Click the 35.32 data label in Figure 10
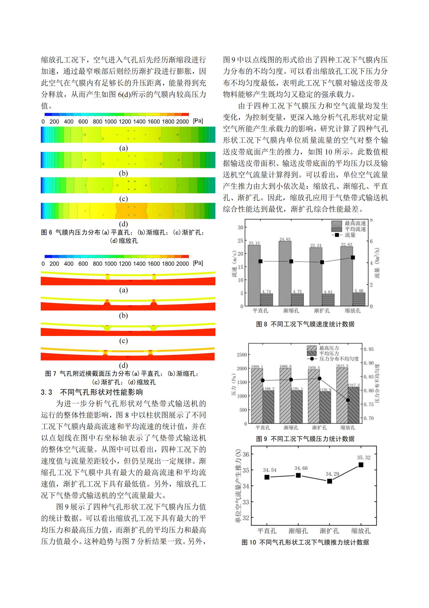[x=364, y=458]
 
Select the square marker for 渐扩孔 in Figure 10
[x=329, y=481]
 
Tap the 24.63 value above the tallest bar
[x=285, y=240]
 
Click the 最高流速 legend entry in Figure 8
[x=349, y=223]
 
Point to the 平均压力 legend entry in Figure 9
[x=323, y=353]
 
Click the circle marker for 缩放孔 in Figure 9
[x=348, y=400]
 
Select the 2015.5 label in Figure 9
[x=342, y=366]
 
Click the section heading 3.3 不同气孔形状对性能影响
[x=92, y=392]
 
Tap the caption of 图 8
[x=305, y=324]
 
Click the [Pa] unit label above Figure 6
[x=198, y=121]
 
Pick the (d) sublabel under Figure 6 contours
[x=124, y=224]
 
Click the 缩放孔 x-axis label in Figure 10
[x=361, y=531]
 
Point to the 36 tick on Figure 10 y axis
[x=246, y=454]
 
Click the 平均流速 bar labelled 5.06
[x=359, y=299]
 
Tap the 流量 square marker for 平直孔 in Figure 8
[x=260, y=261]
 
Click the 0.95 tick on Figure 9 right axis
[x=369, y=349]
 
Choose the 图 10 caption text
[x=305, y=542]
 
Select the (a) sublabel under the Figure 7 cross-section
[x=124, y=290]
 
